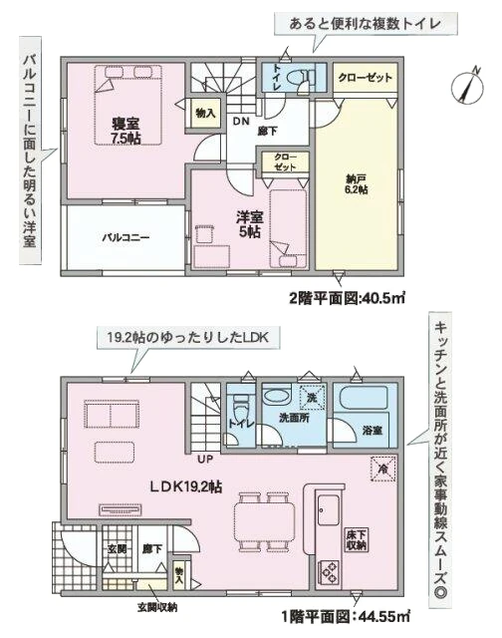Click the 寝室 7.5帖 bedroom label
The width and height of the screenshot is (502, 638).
click(125, 130)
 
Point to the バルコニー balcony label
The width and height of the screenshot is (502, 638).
click(125, 238)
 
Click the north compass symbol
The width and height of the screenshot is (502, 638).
click(465, 86)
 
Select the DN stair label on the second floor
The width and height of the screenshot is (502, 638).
click(241, 121)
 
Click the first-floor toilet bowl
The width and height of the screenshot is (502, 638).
click(240, 415)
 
